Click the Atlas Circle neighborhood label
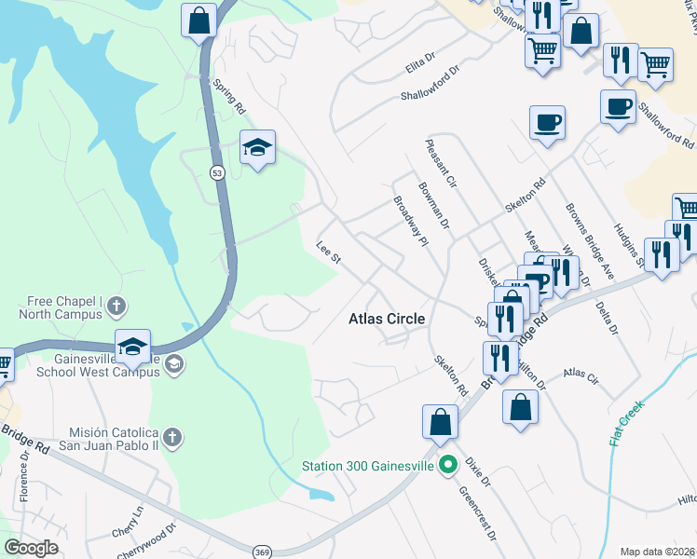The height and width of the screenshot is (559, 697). click(x=387, y=319)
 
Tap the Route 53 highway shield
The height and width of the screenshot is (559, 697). click(x=217, y=174)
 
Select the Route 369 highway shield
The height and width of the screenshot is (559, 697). click(x=264, y=552)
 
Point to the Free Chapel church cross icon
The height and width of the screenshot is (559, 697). click(x=116, y=305)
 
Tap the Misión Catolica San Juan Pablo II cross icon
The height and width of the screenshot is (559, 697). click(x=171, y=437)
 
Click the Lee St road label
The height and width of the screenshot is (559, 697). click(x=328, y=254)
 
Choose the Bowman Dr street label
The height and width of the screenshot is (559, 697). click(x=435, y=211)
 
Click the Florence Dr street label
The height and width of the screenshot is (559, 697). click(x=25, y=476)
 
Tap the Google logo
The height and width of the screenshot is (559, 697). click(x=31, y=547)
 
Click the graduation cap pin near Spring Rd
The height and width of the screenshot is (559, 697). click(x=257, y=147)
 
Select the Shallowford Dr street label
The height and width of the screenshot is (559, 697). click(x=430, y=84)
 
